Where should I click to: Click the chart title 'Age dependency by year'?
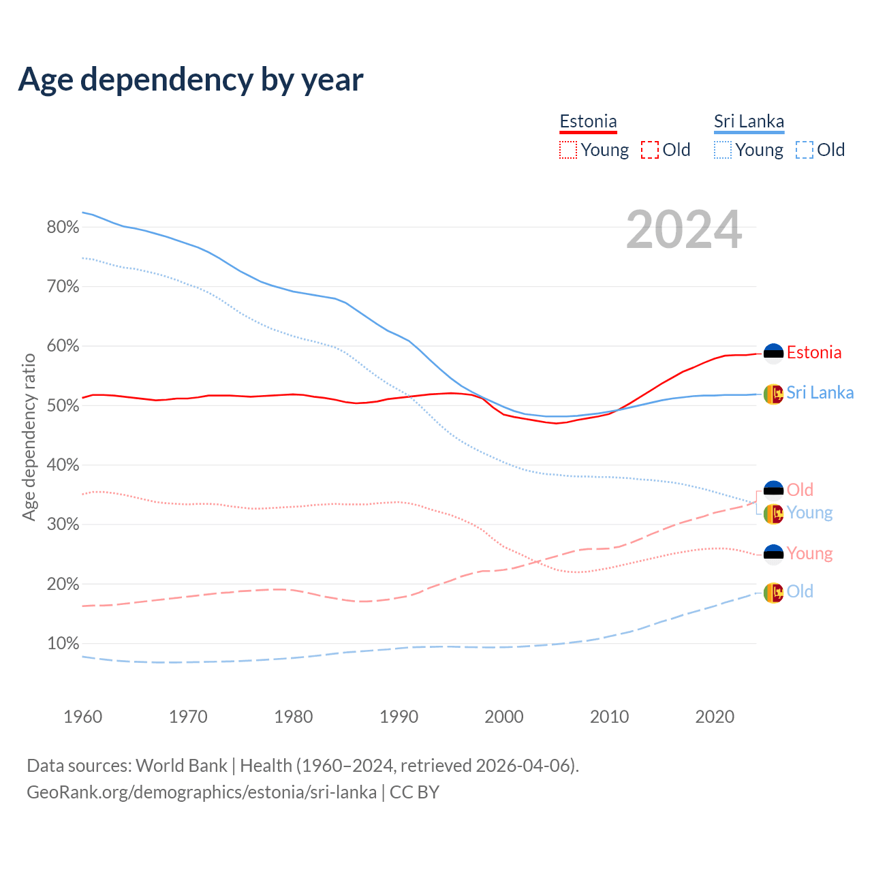191,79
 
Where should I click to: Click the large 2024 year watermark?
684,230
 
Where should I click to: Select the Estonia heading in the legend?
588,121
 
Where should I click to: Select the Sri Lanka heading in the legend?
749,121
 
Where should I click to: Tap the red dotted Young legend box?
568,150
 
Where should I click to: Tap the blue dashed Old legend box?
805,150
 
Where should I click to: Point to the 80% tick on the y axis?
63,228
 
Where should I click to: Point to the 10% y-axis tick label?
63,644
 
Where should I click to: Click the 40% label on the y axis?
63,465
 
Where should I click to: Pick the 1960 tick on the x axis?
82,717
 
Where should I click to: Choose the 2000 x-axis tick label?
504,717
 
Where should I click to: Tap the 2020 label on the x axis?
715,717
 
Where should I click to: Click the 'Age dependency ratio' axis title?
29,437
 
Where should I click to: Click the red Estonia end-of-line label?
814,352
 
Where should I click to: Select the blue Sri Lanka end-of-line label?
820,392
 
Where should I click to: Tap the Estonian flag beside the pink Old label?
773,490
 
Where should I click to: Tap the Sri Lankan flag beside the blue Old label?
773,593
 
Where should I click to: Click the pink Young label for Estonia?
809,553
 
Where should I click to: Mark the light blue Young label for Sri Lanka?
809,512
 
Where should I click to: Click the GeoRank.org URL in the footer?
202,792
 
